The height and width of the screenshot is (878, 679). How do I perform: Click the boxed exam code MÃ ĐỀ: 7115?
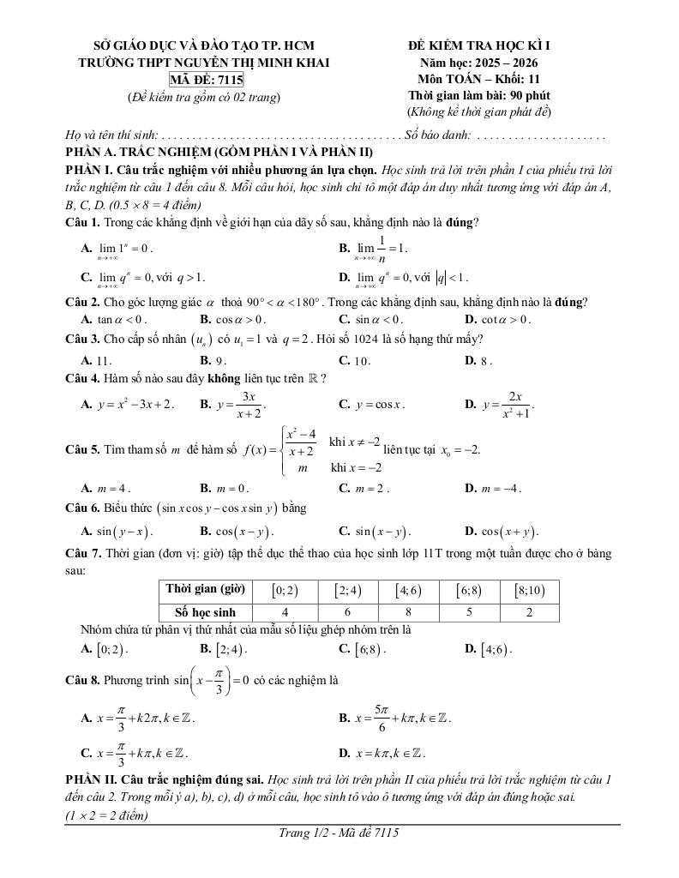[x=207, y=80]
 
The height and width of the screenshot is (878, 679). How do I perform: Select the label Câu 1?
[x=83, y=223]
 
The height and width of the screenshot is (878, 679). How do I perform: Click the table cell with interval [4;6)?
[x=407, y=590]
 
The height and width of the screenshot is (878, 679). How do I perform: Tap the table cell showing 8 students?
[x=407, y=612]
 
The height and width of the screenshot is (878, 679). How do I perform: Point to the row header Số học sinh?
[x=205, y=612]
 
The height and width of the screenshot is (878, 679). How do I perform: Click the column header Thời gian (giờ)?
[x=205, y=590]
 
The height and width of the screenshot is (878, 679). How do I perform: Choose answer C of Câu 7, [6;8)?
[x=360, y=649]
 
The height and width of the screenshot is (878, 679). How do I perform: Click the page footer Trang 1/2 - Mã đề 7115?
[x=340, y=832]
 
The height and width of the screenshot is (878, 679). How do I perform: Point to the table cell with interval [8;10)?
[x=530, y=590]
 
